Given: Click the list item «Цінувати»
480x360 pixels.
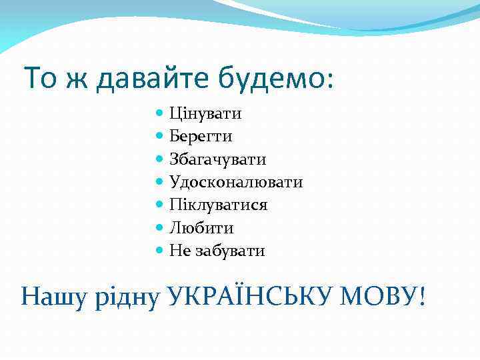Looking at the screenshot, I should [205, 114].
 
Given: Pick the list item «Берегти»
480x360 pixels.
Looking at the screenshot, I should [201, 137].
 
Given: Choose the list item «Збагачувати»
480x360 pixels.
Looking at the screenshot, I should [217, 160].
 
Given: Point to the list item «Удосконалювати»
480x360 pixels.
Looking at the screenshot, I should [236, 183].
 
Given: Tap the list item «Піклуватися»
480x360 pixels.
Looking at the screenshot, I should [218, 205].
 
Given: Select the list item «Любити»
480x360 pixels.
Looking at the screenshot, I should [201, 228].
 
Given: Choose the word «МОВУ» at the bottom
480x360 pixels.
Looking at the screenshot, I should [377, 295].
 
